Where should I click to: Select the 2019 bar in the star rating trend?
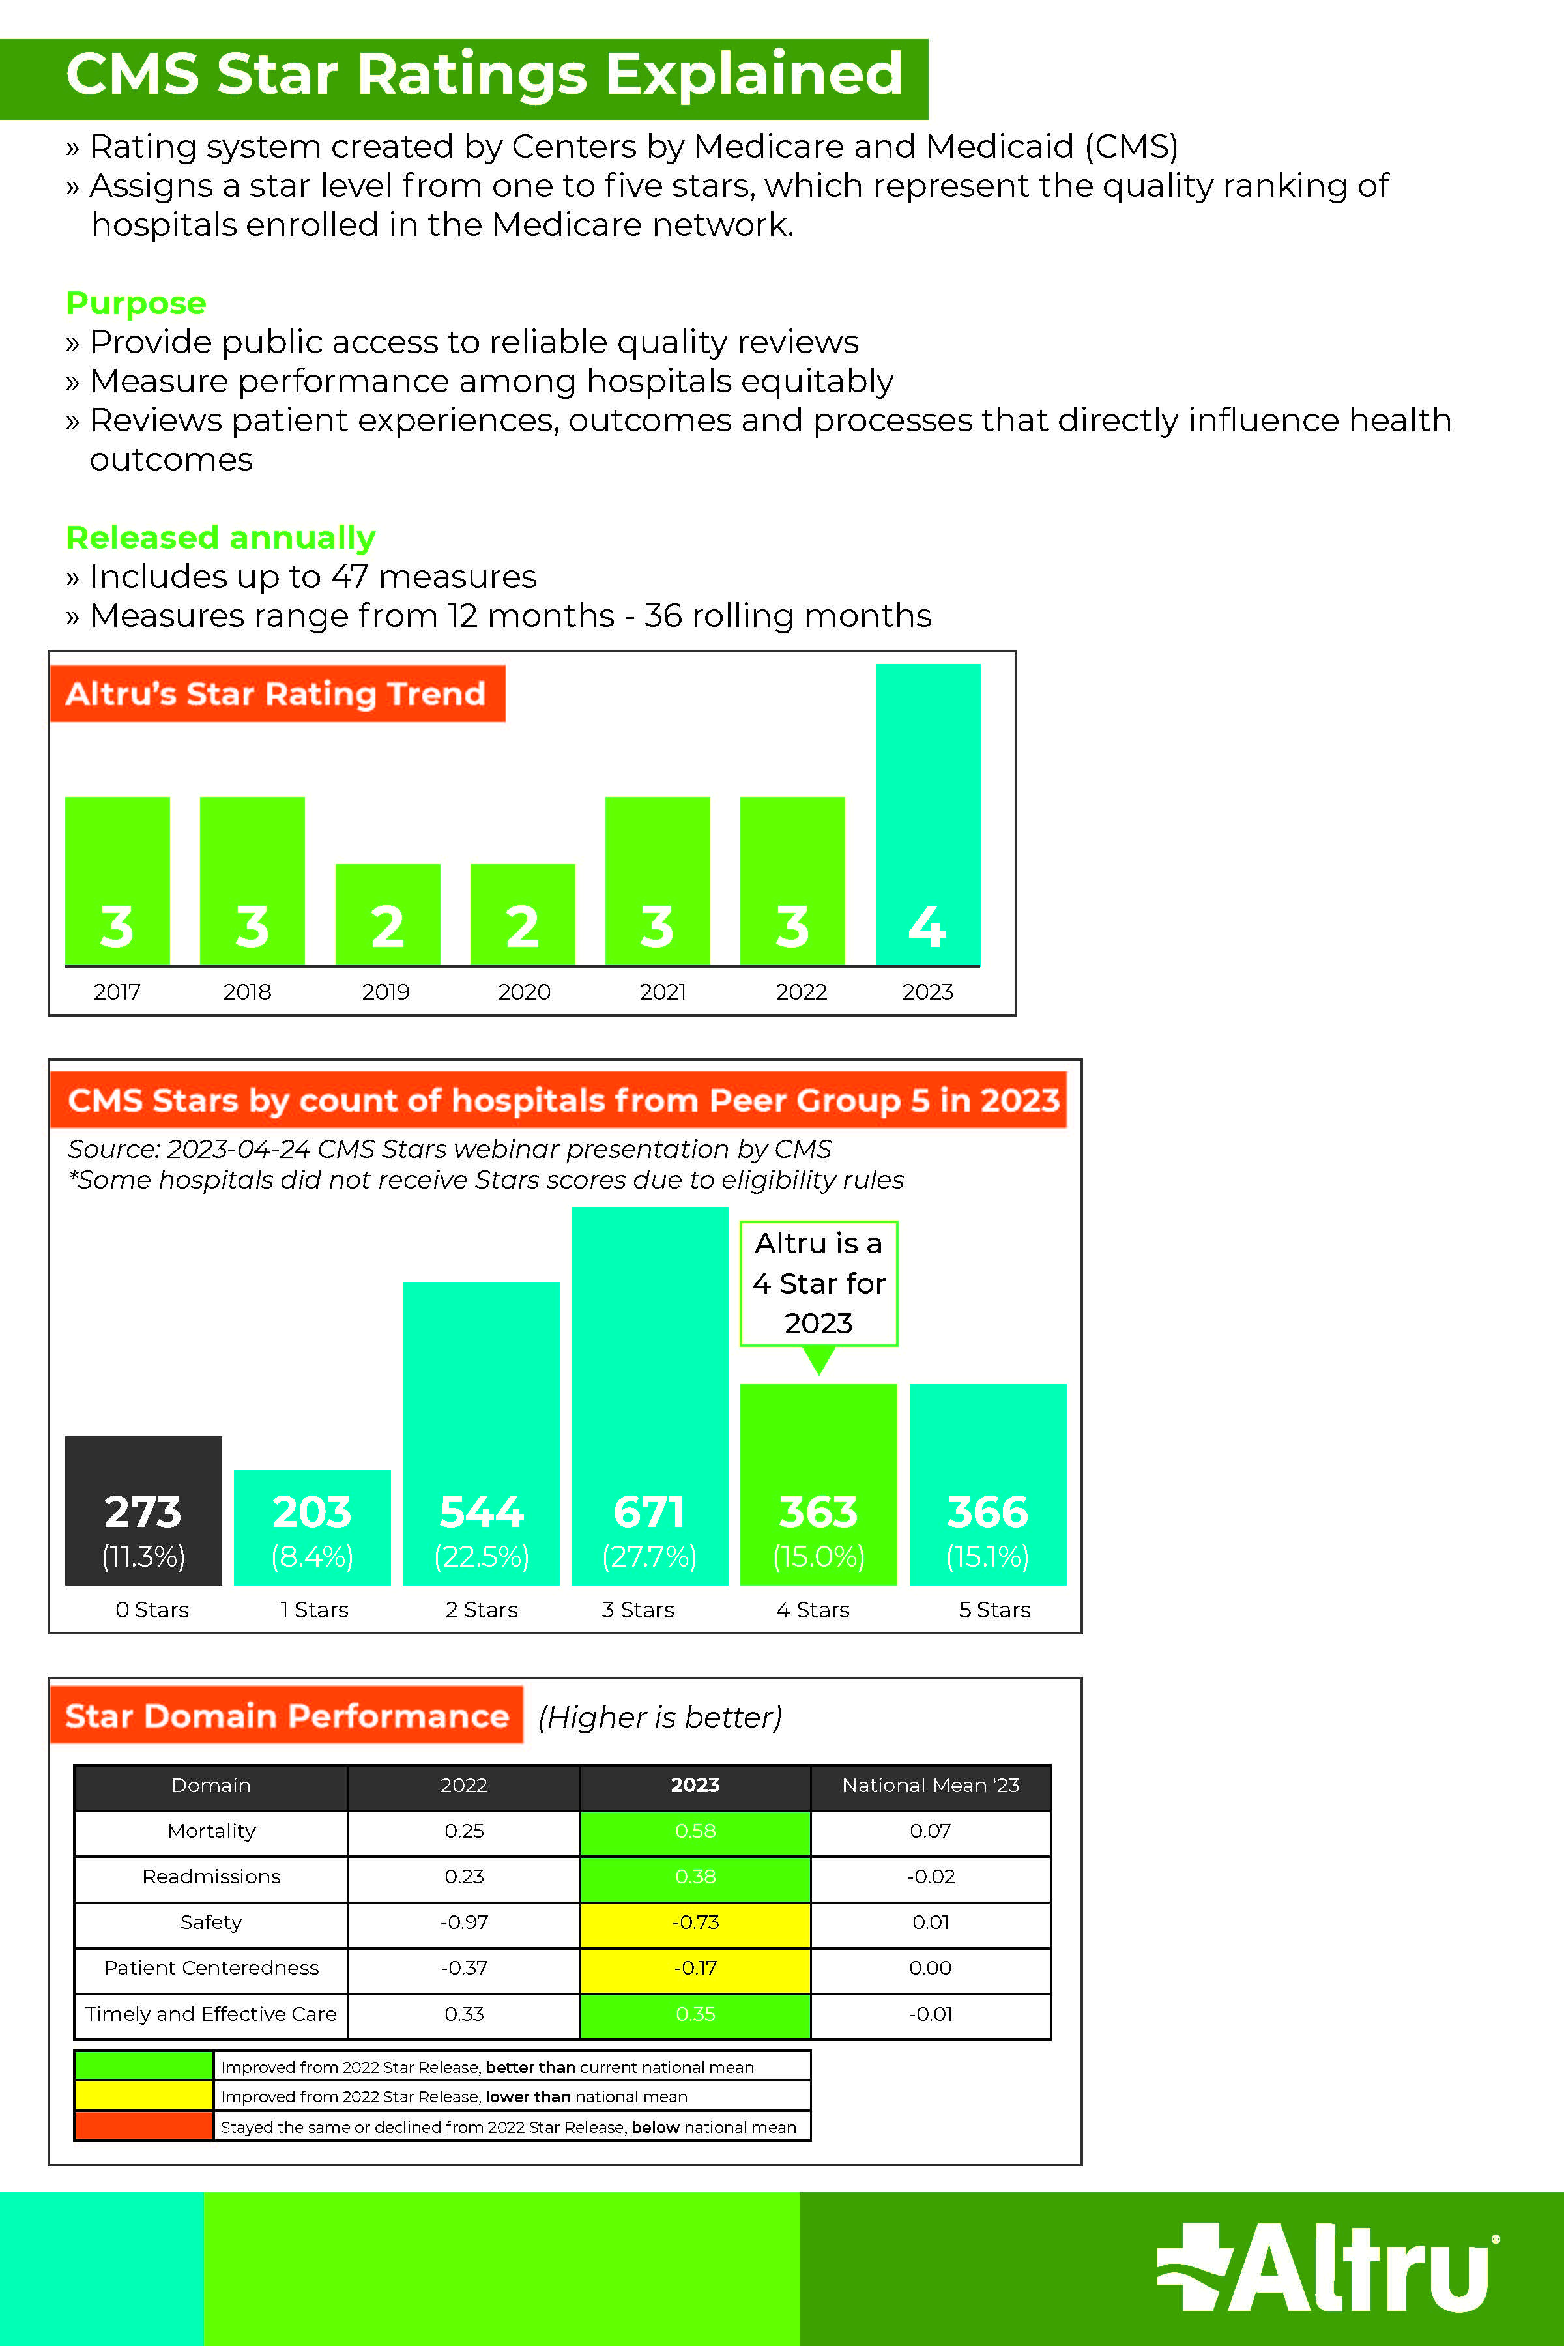pos(387,914)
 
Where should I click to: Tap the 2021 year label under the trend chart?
pos(662,991)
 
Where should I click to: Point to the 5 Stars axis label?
pos(994,1609)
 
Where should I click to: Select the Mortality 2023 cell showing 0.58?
pos(695,1831)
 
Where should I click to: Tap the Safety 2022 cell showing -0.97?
pos(464,1922)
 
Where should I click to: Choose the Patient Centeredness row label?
pos(211,1968)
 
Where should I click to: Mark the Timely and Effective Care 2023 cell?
pos(695,2014)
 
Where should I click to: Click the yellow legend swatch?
pos(143,2096)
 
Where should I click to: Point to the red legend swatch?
pos(143,2126)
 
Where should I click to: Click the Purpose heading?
pos(136,302)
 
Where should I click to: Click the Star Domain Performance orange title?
pos(286,1716)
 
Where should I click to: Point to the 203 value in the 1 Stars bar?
pos(312,1512)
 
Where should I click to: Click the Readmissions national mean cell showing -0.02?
pos(931,1876)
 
